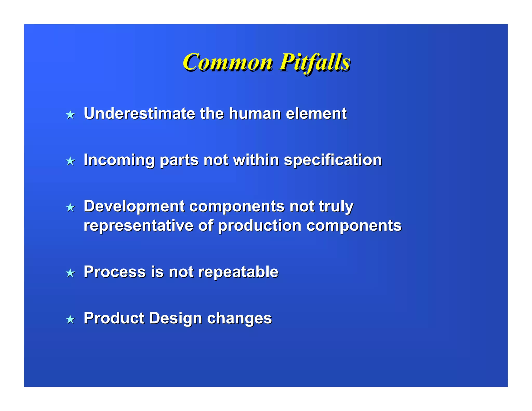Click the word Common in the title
tap(228, 62)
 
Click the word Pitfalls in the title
tap(315, 62)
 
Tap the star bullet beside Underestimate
tap(70, 115)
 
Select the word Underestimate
tap(139, 114)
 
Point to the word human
tap(255, 114)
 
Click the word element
tap(316, 114)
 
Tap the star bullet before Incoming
tap(70, 161)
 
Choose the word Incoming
tap(119, 160)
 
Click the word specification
tap(333, 160)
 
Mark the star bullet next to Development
tap(70, 208)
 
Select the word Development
tap(134, 207)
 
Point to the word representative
tap(138, 226)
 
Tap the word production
tap(260, 226)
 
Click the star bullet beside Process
tap(70, 273)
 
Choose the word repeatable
tap(238, 272)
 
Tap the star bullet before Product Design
tap(70, 319)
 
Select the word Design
tap(175, 318)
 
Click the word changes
tap(239, 319)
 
